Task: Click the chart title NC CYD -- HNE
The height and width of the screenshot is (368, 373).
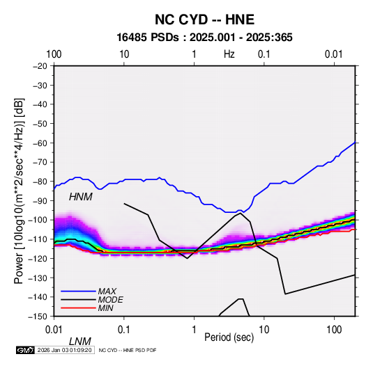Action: pos(204,19)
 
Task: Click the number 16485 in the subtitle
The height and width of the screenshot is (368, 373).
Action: pos(132,38)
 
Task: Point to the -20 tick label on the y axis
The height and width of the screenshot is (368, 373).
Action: pos(40,66)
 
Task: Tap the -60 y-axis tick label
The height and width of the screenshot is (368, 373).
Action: pos(40,143)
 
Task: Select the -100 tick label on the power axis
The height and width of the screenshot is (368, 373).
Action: pos(38,220)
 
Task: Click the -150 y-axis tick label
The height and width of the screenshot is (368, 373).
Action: pos(38,317)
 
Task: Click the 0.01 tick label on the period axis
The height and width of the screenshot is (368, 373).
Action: pos(54,330)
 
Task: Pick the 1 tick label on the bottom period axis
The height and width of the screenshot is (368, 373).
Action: pos(194,330)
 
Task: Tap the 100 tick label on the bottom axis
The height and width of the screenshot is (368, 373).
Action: pos(334,330)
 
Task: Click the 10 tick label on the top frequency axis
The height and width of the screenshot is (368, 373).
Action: pos(124,54)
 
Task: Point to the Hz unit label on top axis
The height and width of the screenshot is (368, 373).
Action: pos(229,54)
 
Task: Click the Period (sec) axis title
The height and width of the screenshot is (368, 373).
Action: pos(229,337)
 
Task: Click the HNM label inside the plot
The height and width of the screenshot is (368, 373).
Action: pos(80,197)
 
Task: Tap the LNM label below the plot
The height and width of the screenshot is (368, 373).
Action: pos(80,342)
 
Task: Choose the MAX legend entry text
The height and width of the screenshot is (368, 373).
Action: pos(107,291)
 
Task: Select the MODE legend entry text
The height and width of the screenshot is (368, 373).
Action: pos(110,300)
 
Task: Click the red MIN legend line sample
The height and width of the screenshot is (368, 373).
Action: pos(78,308)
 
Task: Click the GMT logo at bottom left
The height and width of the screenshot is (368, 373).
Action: pos(25,350)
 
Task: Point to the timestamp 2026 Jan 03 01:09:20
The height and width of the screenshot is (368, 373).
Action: pos(64,350)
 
